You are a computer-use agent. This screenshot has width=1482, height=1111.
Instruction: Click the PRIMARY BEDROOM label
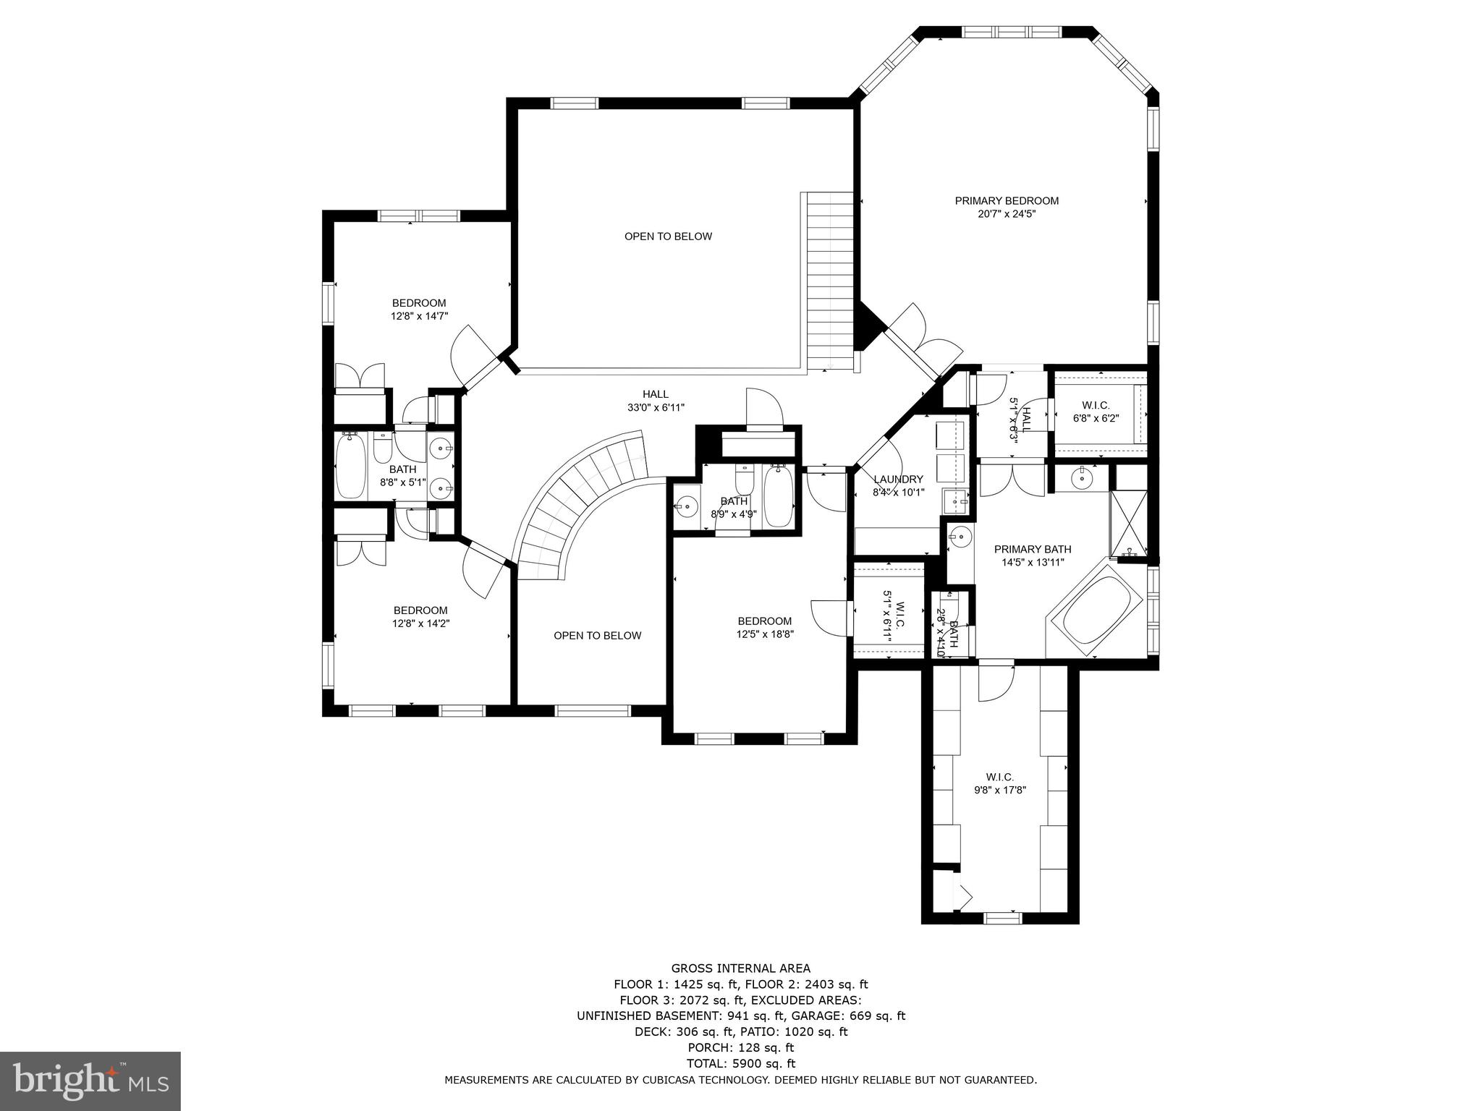coord(1007,201)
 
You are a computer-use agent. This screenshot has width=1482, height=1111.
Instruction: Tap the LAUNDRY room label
coord(898,480)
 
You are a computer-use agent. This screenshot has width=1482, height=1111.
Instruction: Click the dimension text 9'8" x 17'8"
coord(1000,791)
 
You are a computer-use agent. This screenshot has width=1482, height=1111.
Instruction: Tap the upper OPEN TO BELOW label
coord(668,237)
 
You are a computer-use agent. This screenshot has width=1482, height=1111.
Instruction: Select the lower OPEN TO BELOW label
coord(597,636)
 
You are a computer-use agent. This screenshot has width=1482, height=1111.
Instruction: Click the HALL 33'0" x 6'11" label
coord(656,401)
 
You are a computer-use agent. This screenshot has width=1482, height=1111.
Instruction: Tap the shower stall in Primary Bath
coord(1128,523)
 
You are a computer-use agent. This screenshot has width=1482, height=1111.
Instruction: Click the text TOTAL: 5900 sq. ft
coord(740,1063)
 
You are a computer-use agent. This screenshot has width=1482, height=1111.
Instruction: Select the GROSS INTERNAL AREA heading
coord(740,969)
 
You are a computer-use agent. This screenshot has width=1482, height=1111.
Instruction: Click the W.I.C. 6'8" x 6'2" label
coord(1096,412)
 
